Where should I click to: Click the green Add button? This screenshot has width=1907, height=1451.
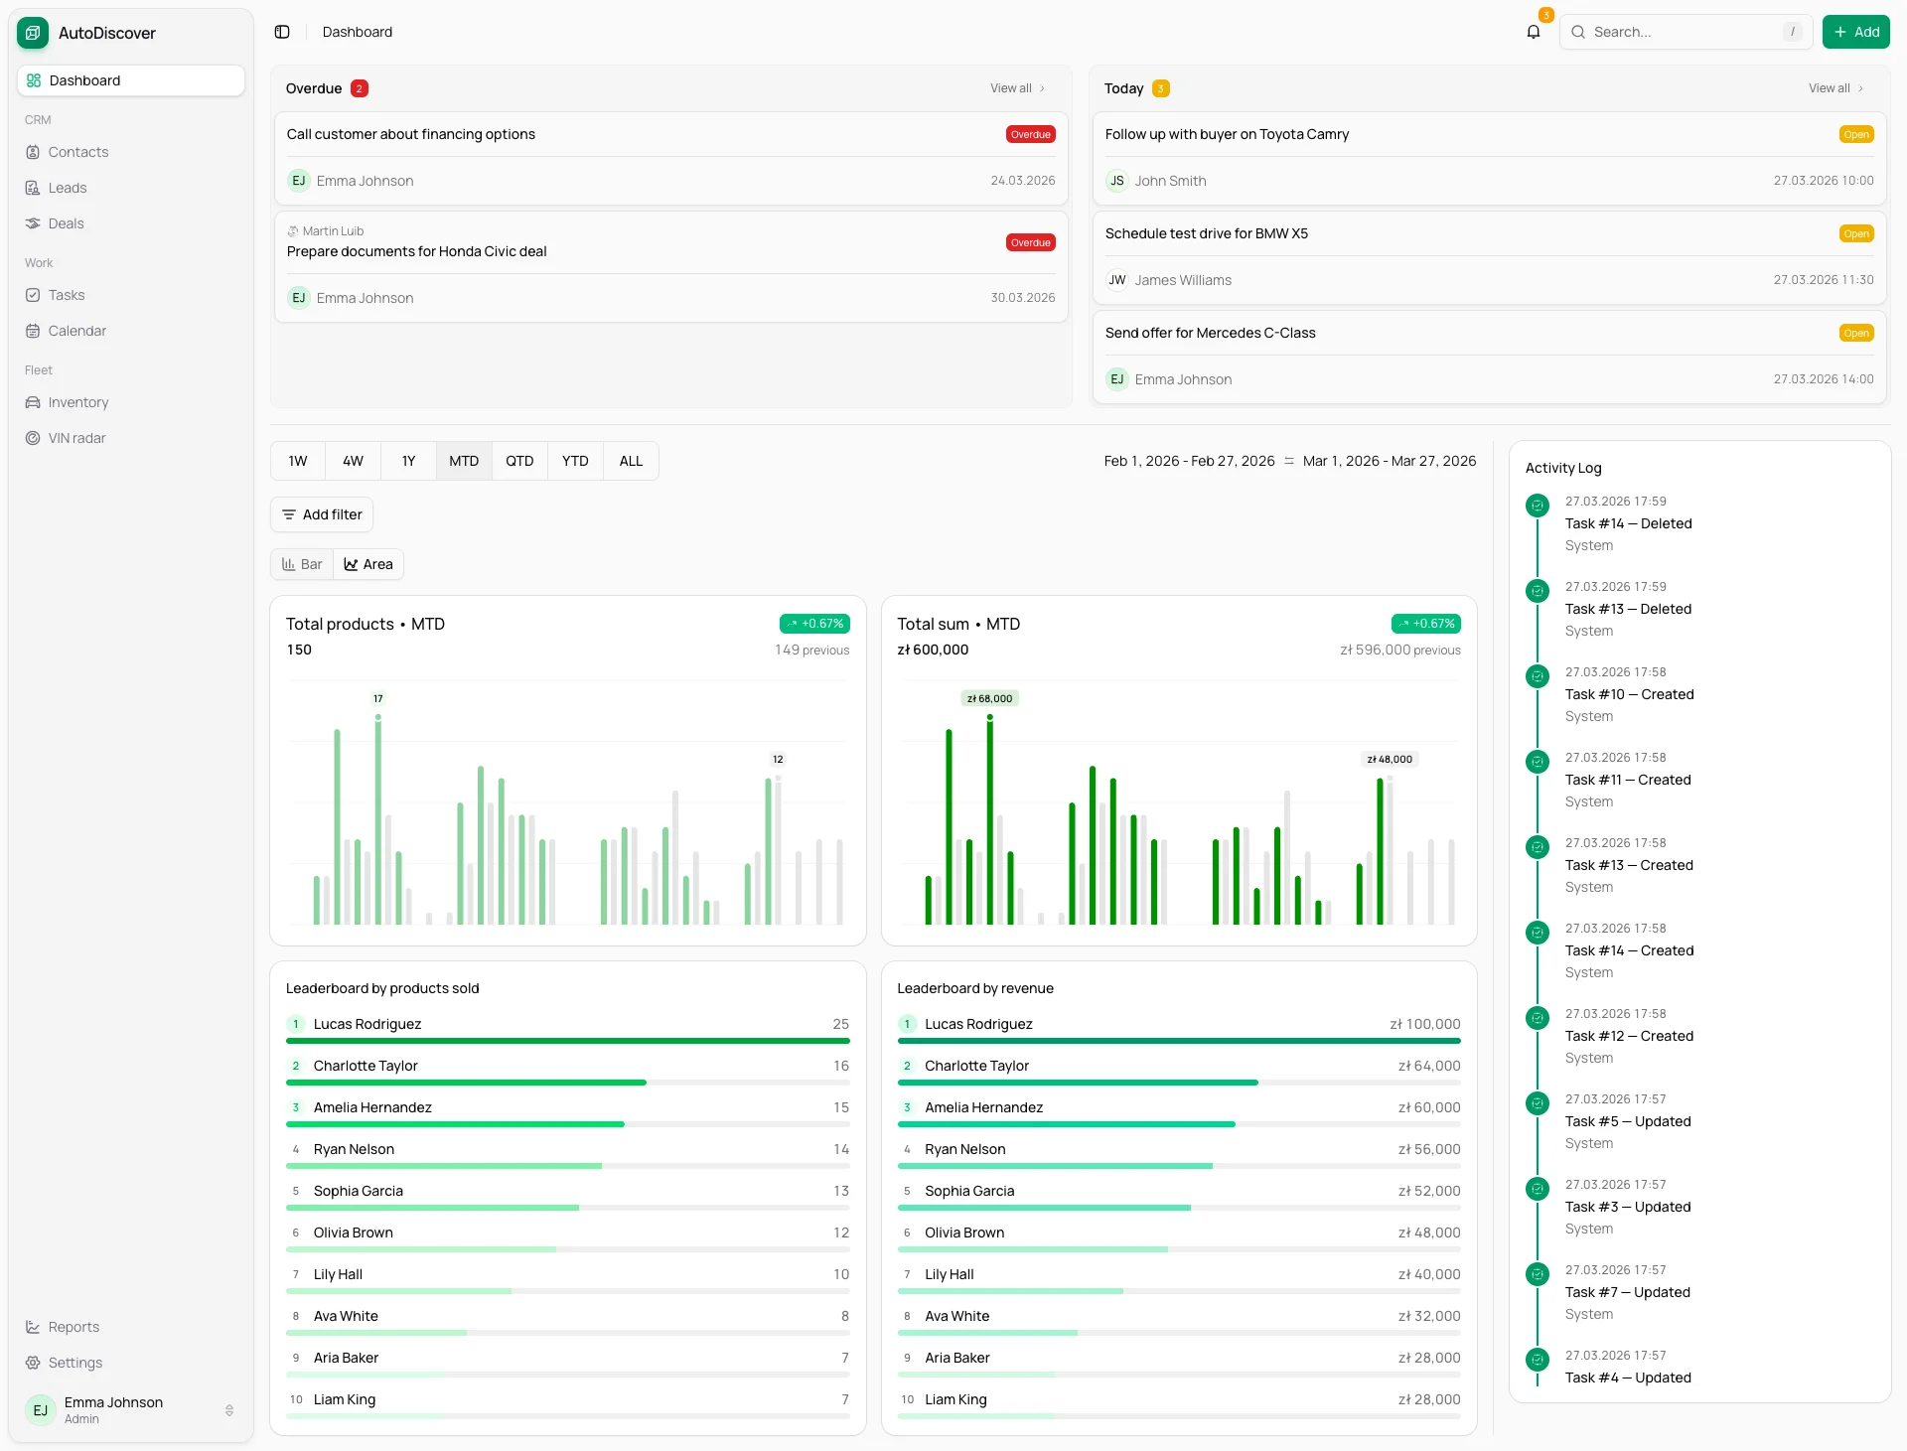coord(1855,32)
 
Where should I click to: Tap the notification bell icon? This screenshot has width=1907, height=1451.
coord(1534,32)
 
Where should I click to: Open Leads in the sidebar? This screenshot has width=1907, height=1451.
coord(68,188)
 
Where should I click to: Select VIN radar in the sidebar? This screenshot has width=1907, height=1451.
coord(76,438)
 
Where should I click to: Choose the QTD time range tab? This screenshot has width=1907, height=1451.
coord(519,461)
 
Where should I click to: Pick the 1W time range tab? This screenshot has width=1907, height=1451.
coord(298,461)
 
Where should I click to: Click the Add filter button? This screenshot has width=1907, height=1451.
coord(322,514)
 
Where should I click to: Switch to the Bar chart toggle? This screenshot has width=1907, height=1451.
coord(302,564)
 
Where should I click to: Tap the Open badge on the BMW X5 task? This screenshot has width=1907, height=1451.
coord(1855,234)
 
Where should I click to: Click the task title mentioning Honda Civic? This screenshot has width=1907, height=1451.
coord(416,251)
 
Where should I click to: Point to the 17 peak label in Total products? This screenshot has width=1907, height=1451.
coord(377,699)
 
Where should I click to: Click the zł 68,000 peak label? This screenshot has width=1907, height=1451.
coord(989,699)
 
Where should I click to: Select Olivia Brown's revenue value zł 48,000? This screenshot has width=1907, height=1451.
coord(1429,1233)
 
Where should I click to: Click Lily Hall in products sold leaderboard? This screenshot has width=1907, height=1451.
coord(338,1274)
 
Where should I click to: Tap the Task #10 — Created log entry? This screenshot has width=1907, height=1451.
coord(1629,694)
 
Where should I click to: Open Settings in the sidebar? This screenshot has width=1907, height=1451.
coord(75,1363)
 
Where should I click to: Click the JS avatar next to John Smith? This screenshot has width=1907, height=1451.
coord(1117,181)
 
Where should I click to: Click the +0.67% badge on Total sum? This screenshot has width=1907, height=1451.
coord(1425,624)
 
